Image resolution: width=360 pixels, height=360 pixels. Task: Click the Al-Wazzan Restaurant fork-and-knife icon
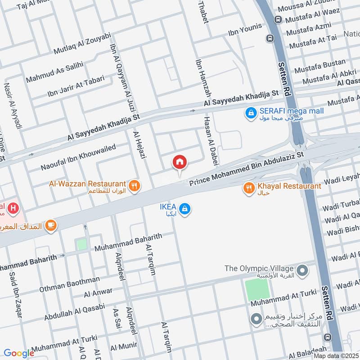(134, 185)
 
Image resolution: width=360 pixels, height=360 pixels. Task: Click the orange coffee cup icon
(50, 225)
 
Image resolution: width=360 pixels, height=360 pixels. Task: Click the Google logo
(19, 353)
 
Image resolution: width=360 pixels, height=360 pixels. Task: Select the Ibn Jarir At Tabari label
(76, 87)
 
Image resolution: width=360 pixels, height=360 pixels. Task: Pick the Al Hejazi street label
(138, 144)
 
